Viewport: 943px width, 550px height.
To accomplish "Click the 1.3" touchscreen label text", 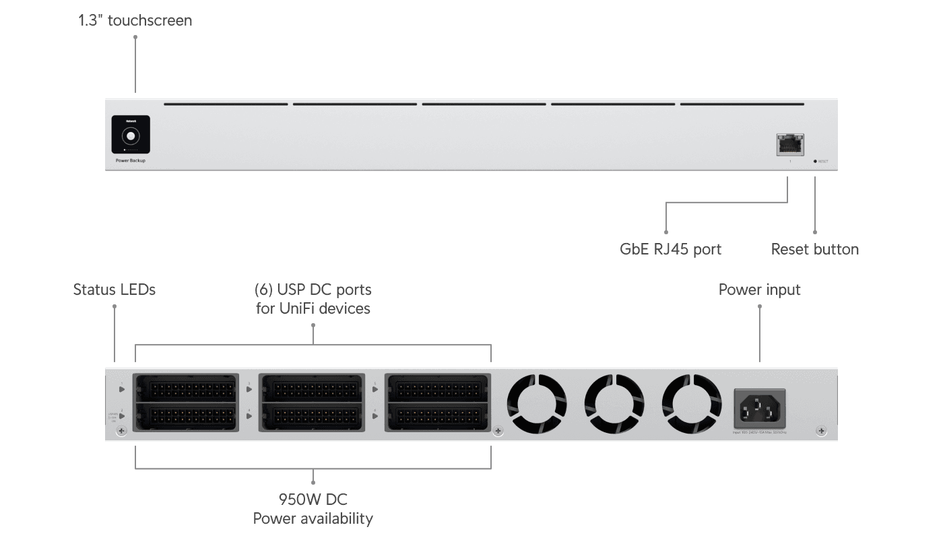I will coord(135,21).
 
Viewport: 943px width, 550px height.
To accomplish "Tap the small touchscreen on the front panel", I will coord(131,135).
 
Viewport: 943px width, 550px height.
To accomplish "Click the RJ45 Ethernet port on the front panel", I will coord(790,144).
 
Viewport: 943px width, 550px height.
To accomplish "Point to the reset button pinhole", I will coord(815,162).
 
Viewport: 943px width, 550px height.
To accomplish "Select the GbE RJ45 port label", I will coord(670,249).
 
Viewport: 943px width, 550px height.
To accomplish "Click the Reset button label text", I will coord(814,249).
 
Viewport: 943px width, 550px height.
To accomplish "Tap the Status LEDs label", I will coord(115,289).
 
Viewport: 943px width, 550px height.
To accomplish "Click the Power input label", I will coord(759,289).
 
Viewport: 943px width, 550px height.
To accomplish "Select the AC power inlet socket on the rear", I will coord(759,407).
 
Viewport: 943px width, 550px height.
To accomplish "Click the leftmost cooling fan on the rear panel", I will coord(537,404).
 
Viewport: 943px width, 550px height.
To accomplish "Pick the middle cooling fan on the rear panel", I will coord(614,404).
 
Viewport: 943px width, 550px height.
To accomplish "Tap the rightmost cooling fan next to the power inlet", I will coord(692,404).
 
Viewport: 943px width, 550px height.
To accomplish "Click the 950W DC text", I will coord(313,500).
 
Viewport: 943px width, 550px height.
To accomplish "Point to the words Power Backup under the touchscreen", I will coord(131,161).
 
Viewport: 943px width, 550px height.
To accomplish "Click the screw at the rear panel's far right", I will coord(820,431).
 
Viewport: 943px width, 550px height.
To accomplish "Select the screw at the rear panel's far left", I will coord(121,431).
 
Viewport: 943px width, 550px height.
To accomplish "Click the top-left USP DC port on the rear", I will coord(187,389).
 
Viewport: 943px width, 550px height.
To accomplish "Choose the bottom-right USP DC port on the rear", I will coord(437,416).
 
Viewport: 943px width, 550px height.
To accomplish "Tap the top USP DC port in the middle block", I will coord(312,389).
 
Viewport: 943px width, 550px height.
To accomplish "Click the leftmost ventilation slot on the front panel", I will coord(226,104).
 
